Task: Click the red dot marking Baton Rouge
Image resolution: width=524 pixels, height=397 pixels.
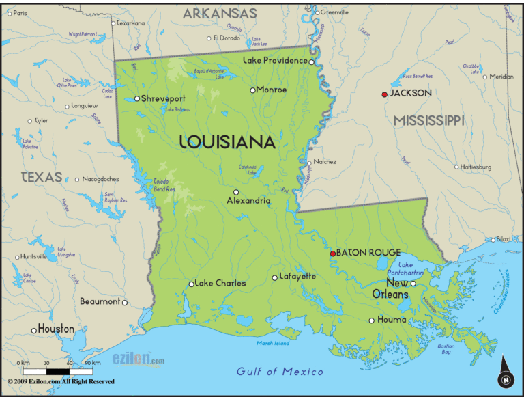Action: point(333,253)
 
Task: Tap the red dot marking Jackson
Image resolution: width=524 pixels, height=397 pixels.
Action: point(384,94)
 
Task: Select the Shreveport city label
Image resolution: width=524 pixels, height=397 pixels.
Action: point(163,98)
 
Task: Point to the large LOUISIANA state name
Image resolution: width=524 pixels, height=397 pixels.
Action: point(227,142)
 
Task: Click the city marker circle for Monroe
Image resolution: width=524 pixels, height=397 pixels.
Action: point(252,90)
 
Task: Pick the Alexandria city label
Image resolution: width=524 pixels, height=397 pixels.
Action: point(248,201)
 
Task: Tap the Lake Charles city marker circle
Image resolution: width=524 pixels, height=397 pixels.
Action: point(192,284)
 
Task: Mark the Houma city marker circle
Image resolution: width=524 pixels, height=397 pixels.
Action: point(371,320)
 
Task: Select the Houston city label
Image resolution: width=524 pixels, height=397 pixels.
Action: point(56,329)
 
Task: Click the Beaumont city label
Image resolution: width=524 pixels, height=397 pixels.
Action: point(100,301)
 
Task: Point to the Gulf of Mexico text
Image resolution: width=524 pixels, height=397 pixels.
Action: point(280,371)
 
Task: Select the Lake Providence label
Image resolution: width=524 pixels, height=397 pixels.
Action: point(275,61)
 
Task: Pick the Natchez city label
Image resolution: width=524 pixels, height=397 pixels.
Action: point(325,162)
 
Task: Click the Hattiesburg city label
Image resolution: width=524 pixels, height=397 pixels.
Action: point(476,167)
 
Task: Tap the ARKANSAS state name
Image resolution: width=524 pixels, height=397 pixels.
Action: point(220,13)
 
